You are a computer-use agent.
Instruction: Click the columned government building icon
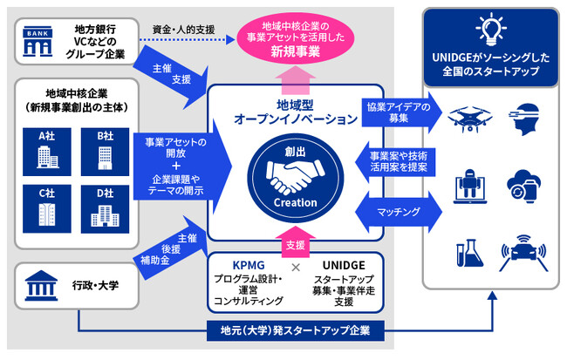point(42,284)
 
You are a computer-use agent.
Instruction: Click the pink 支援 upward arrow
point(295,237)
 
